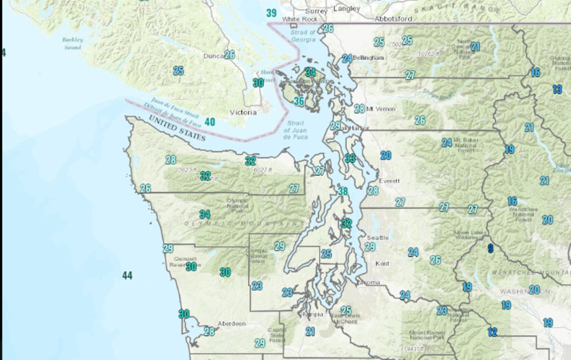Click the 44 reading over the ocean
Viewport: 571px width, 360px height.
point(127,275)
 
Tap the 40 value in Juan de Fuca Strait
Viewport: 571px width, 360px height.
point(209,122)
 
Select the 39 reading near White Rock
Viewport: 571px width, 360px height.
point(271,13)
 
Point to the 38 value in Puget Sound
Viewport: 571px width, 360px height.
point(343,192)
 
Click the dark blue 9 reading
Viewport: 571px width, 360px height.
point(490,248)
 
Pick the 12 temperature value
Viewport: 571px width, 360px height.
point(492,332)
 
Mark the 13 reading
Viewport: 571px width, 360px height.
point(557,89)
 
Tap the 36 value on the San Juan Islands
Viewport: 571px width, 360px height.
point(299,101)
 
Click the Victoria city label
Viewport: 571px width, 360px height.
point(243,113)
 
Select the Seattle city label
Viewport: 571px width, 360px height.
point(378,237)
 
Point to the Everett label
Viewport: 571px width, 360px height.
point(389,181)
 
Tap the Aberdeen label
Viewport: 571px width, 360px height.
point(232,324)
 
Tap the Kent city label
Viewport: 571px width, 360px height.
point(382,263)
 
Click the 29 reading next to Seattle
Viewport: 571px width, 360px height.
point(370,247)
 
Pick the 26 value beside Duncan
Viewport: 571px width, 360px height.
point(230,55)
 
